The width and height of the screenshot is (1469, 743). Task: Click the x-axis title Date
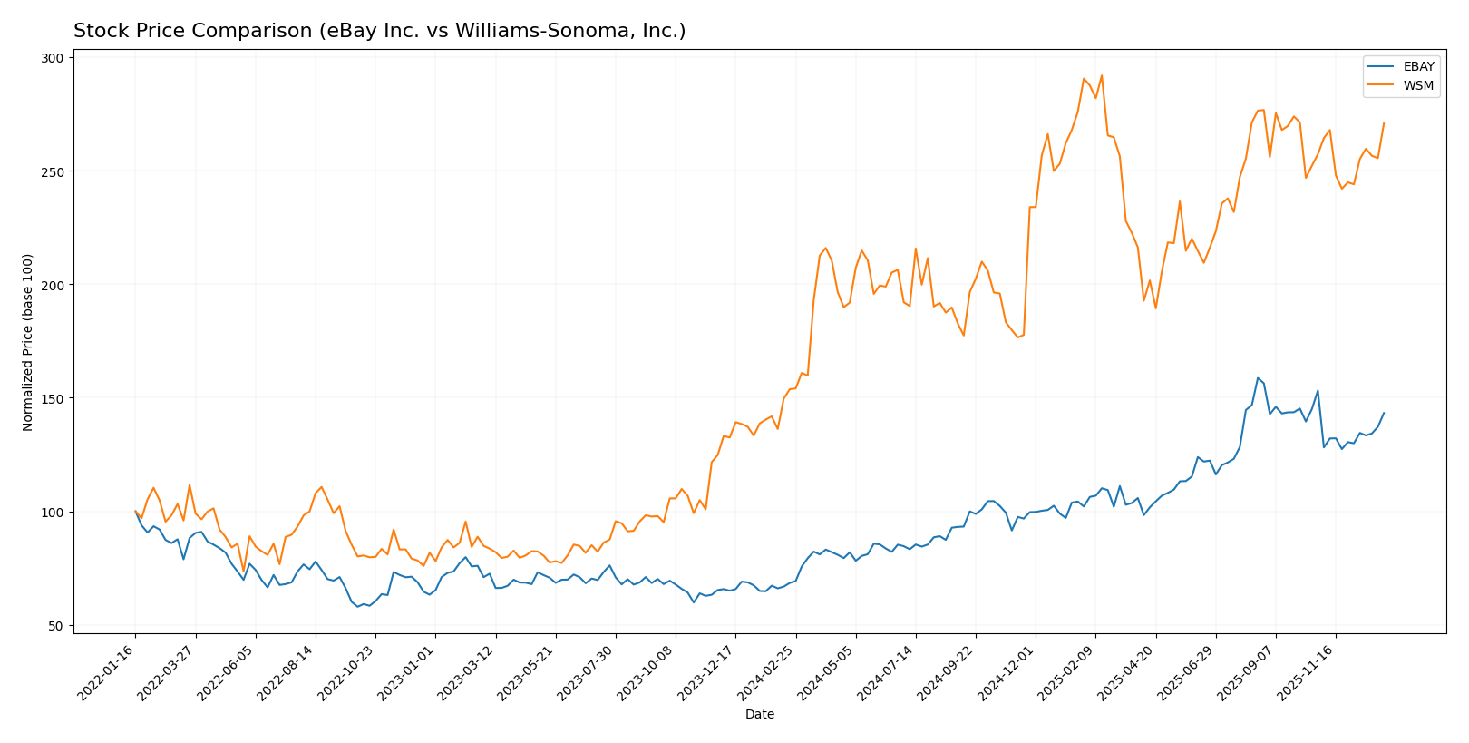[759, 715]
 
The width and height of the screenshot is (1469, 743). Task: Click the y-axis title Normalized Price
[28, 342]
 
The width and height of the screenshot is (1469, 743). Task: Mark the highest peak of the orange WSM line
[1101, 75]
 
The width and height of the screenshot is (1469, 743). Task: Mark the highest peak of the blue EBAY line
[1258, 378]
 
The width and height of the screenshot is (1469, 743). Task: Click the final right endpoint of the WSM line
[1384, 123]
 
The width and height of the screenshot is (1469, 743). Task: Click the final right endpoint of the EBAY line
[1384, 413]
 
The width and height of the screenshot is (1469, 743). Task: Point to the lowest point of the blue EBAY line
[357, 606]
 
